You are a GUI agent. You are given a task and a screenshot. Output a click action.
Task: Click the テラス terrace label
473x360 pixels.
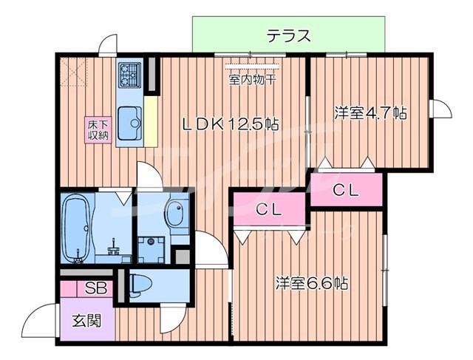coord(288,35)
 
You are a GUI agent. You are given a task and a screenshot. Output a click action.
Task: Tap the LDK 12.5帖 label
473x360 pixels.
coord(230,125)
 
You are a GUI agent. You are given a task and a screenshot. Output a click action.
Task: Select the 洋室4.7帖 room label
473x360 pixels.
coord(370,113)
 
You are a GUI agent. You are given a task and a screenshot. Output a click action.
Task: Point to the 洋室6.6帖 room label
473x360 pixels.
coord(313,282)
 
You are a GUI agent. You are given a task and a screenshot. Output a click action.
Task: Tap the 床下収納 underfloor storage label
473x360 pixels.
coord(98,129)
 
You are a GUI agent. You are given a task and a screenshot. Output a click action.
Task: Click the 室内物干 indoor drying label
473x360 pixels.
coord(251,79)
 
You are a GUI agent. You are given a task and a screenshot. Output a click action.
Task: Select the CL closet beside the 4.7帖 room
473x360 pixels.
coord(346,190)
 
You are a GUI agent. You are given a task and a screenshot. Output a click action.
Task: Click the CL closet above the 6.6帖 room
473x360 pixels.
coord(269,210)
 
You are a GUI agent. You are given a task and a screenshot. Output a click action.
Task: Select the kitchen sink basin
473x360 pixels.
coord(130,121)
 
